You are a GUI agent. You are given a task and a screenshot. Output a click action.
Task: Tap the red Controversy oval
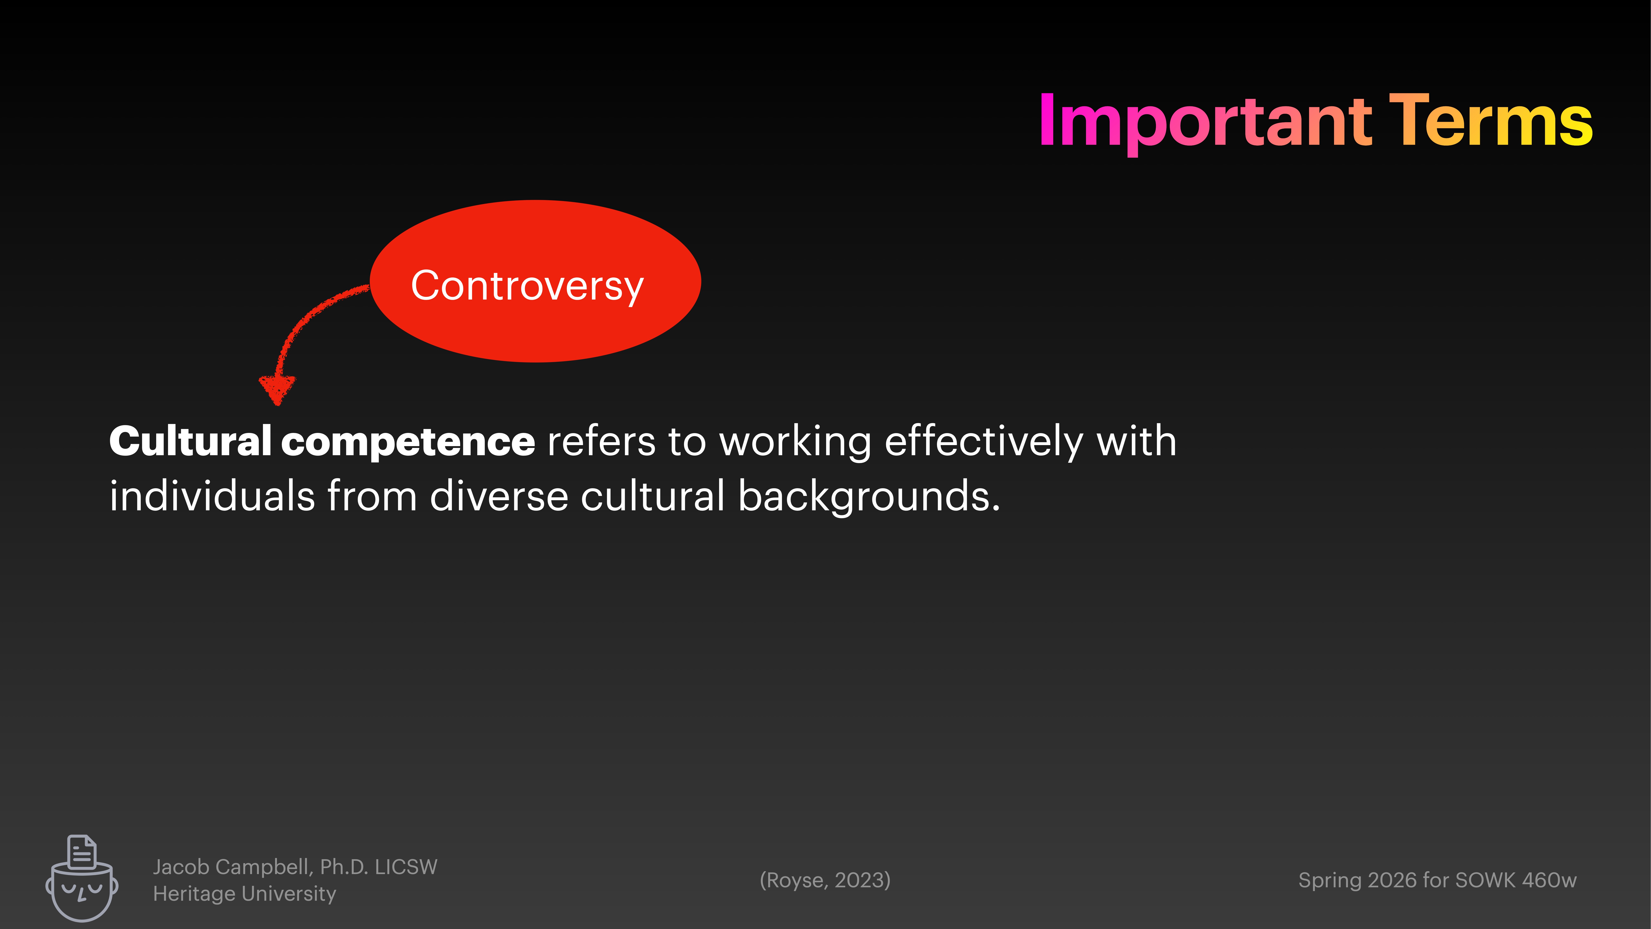535,282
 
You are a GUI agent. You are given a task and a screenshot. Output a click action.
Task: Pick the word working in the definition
795,442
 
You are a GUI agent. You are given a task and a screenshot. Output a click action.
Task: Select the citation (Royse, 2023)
825,880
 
